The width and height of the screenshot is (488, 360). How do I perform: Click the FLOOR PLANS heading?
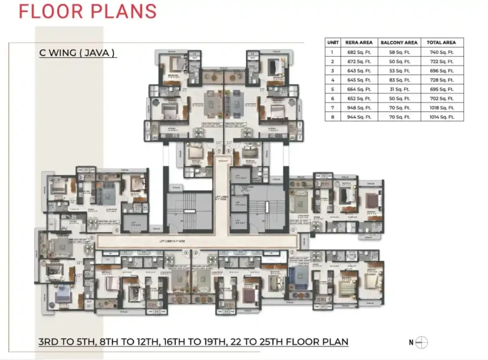tap(87, 12)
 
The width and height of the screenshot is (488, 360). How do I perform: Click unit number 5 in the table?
tap(331, 90)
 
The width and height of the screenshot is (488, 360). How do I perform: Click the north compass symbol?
tap(421, 343)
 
